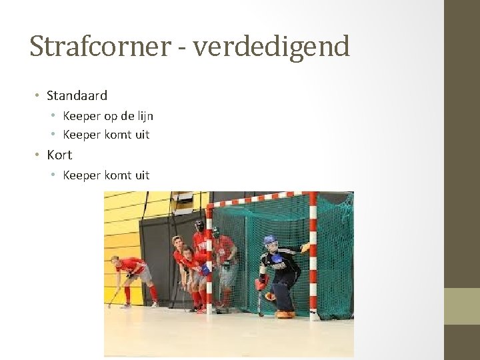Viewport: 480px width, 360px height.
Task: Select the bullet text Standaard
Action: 77,95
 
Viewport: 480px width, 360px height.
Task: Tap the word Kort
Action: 59,155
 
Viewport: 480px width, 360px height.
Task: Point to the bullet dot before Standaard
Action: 38,96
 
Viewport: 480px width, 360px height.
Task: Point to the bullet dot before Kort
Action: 38,155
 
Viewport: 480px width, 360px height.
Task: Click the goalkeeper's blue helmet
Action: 270,241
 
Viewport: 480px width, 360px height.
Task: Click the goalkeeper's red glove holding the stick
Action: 260,284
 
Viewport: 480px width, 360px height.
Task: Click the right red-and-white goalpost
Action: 313,253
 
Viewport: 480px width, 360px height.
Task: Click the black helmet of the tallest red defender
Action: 199,226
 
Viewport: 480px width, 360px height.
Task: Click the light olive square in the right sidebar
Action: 462,306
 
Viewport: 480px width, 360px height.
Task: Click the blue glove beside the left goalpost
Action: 205,269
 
